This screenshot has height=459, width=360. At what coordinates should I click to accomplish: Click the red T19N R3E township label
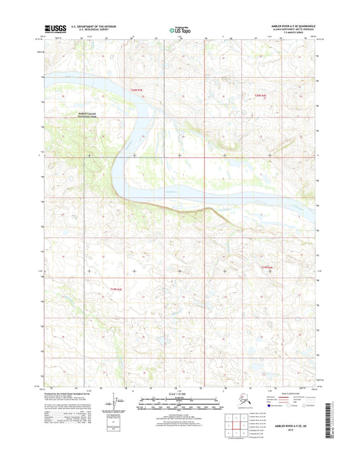pyautogui.click(x=117, y=289)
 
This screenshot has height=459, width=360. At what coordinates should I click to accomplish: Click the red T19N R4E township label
pyautogui.click(x=269, y=268)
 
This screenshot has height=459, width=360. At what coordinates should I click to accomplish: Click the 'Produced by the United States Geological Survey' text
pyautogui.click(x=68, y=392)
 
